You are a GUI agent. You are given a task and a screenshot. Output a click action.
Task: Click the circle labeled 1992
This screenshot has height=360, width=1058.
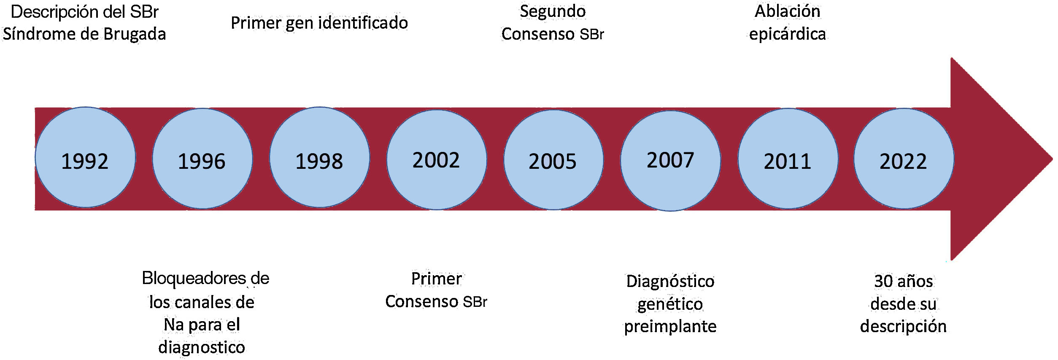pyautogui.click(x=85, y=157)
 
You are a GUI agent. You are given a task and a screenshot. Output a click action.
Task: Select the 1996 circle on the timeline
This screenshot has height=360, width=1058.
pyautogui.click(x=202, y=159)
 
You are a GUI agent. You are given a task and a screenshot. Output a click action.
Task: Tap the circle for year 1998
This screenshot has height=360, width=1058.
pyautogui.click(x=319, y=157)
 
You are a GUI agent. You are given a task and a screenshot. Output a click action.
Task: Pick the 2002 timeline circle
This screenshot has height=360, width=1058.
pyautogui.click(x=437, y=160)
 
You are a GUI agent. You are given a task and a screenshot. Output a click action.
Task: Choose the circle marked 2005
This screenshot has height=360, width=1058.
pyautogui.click(x=553, y=160)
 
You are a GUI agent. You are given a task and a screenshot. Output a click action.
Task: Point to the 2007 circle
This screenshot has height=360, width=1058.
pyautogui.click(x=670, y=161)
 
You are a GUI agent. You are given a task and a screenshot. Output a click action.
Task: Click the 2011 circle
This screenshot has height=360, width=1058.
pyautogui.click(x=788, y=159)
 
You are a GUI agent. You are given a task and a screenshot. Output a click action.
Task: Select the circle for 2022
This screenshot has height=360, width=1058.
pyautogui.click(x=904, y=159)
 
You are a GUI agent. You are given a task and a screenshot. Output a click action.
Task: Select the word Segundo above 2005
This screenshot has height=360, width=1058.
pyautogui.click(x=553, y=11)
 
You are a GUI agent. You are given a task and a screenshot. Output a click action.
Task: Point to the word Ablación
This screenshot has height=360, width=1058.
pyautogui.click(x=787, y=11)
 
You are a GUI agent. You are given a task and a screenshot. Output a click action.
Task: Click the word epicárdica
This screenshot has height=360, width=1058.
pyautogui.click(x=787, y=34)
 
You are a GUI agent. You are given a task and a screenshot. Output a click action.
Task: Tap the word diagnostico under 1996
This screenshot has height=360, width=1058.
pyautogui.click(x=202, y=347)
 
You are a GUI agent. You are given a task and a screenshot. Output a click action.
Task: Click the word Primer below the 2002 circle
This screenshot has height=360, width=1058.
pyautogui.click(x=436, y=279)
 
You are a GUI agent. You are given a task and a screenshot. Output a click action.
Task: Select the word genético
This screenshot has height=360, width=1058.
pyautogui.click(x=670, y=304)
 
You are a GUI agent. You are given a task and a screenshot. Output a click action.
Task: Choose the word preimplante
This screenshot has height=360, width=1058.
pyautogui.click(x=670, y=327)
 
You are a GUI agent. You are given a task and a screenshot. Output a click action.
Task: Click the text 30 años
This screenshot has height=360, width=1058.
pyautogui.click(x=903, y=281)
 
